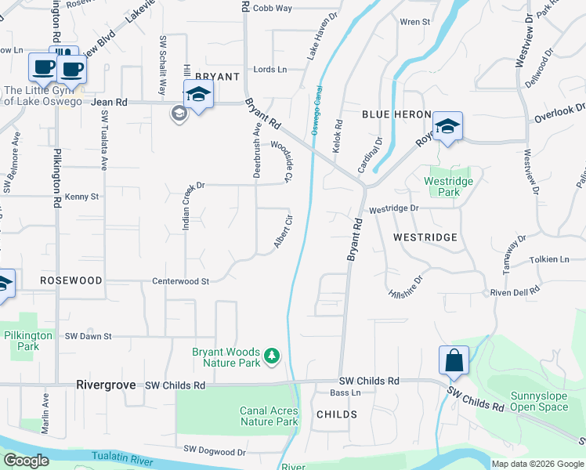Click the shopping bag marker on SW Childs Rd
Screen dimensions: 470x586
pyautogui.click(x=454, y=362)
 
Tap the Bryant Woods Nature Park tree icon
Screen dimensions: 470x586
pyautogui.click(x=272, y=357)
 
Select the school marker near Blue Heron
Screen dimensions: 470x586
pyautogui.click(x=447, y=127)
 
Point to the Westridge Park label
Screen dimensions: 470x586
pyautogui.click(x=448, y=186)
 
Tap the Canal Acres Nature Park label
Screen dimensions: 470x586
pyautogui.click(x=269, y=416)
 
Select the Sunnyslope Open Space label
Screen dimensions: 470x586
pyautogui.click(x=539, y=401)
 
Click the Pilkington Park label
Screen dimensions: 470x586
pyautogui.click(x=27, y=340)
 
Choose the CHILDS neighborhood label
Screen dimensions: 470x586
pyautogui.click(x=337, y=414)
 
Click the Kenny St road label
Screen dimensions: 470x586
pyautogui.click(x=82, y=197)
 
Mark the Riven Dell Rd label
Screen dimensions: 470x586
pyautogui.click(x=515, y=291)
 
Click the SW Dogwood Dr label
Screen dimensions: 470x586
pyautogui.click(x=215, y=451)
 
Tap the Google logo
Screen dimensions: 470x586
pyautogui.click(x=25, y=461)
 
